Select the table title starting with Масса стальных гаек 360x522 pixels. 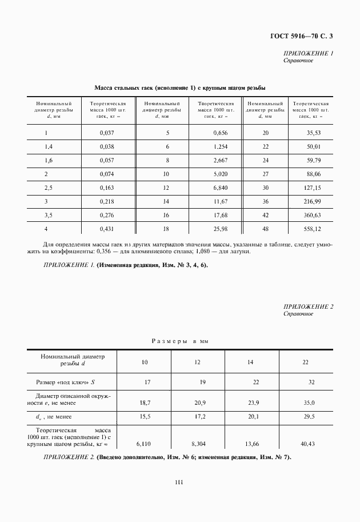click(x=181, y=87)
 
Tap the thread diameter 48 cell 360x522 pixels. click(x=265, y=229)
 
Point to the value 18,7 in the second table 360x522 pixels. click(x=145, y=403)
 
